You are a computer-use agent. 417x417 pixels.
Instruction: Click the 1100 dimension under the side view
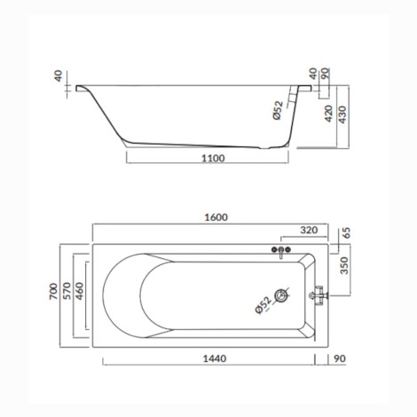[213, 158]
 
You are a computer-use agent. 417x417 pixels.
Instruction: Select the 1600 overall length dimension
[216, 217]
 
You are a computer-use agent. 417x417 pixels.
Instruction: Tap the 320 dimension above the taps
[309, 230]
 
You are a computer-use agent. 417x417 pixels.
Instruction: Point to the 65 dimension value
[346, 232]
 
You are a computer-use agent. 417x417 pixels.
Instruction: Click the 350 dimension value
[344, 265]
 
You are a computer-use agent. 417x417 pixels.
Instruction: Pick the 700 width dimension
[53, 291]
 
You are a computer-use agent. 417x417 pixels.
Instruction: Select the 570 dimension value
[67, 291]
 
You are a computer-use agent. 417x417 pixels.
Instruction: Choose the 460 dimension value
[80, 291]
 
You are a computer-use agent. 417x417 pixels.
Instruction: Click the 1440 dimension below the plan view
[215, 358]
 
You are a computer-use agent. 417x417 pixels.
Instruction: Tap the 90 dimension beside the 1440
[340, 358]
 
